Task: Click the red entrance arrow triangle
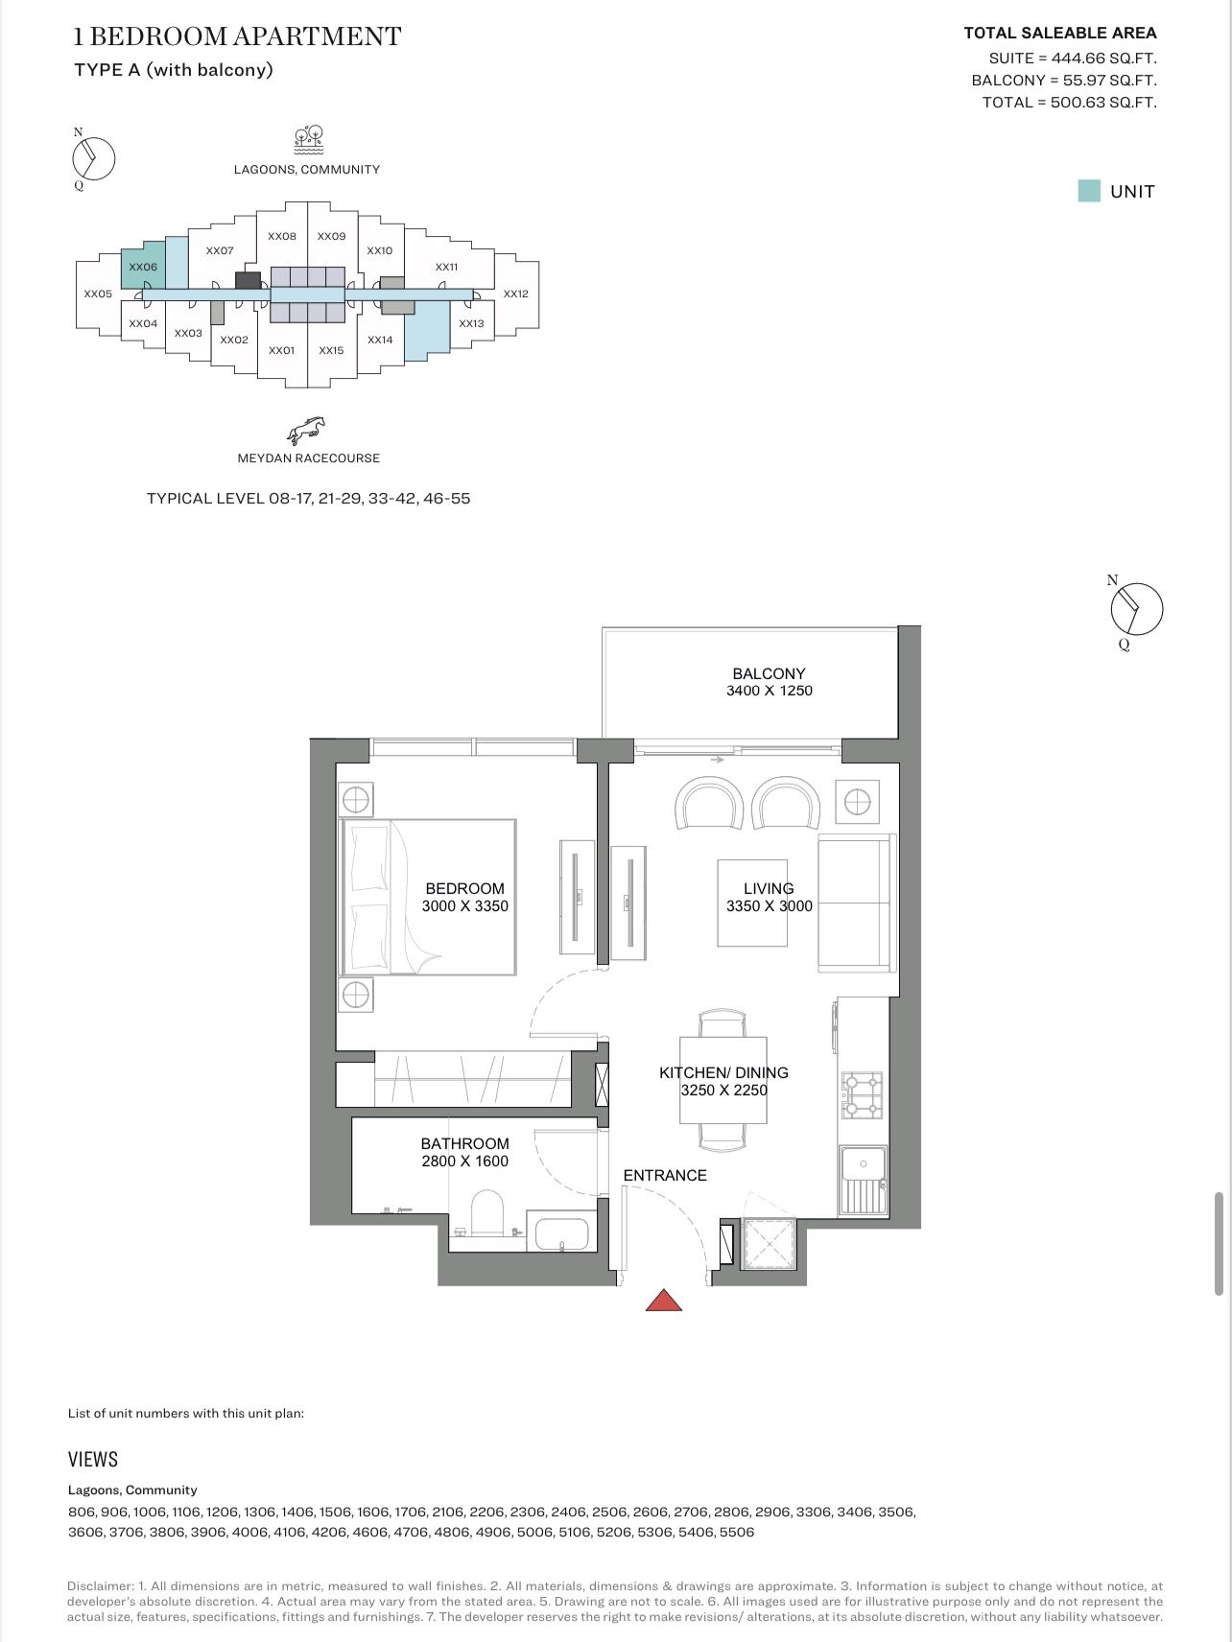pos(664,1301)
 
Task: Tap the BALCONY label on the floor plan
pos(769,673)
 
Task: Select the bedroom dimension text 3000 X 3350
pos(464,905)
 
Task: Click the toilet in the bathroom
pos(487,1214)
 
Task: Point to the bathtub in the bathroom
pos(561,1233)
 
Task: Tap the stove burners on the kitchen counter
pos(861,1095)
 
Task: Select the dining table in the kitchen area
pos(723,1080)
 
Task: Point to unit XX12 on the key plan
pos(515,293)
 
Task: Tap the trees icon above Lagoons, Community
pos(308,139)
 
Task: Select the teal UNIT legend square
pos(1089,191)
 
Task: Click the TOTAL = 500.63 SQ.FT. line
pos(1069,103)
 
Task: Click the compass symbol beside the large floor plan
pos(1136,609)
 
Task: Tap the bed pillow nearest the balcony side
pos(370,858)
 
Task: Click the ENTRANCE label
pos(664,1175)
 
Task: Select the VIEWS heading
pos(93,1459)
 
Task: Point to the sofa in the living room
pos(854,903)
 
